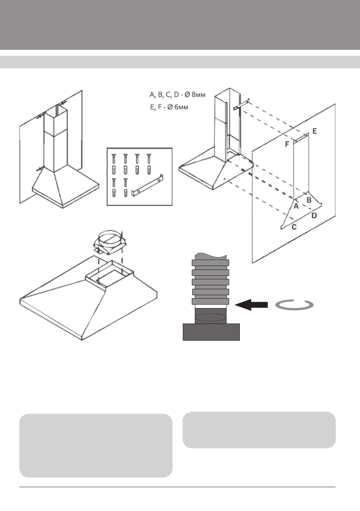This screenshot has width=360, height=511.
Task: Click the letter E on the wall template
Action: (x=315, y=131)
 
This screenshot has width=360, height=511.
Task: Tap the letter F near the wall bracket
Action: (x=287, y=145)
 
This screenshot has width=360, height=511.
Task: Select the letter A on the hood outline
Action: (x=296, y=206)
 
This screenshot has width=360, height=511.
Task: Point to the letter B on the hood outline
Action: (x=308, y=200)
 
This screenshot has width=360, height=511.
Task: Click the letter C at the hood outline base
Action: (x=294, y=227)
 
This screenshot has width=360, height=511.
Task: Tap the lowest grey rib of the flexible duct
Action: (x=210, y=302)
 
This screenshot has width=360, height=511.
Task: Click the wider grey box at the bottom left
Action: (x=96, y=445)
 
